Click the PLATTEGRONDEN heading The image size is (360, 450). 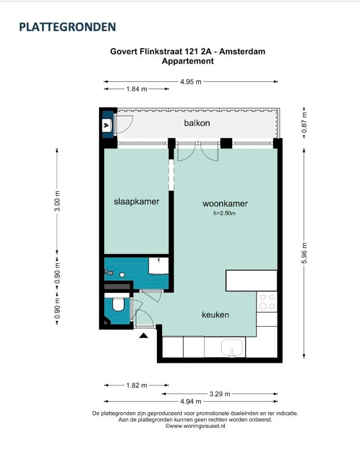pyautogui.click(x=67, y=27)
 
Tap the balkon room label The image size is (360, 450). pyautogui.click(x=197, y=123)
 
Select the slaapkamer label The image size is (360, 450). pyautogui.click(x=136, y=202)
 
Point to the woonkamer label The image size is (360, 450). pyautogui.click(x=225, y=203)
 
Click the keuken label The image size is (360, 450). pyautogui.click(x=215, y=315)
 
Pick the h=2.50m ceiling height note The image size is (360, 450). pyautogui.click(x=224, y=213)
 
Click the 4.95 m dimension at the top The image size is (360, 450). pyautogui.click(x=191, y=82)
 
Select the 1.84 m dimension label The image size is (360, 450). pyautogui.click(x=137, y=89)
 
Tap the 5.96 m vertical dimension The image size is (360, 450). pyautogui.click(x=305, y=253)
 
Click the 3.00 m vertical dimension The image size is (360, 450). pyautogui.click(x=57, y=201)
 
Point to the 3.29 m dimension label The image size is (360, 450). pyautogui.click(x=220, y=394)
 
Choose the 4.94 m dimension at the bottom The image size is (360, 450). pyautogui.click(x=191, y=401)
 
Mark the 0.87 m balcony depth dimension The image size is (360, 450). pyautogui.click(x=305, y=122)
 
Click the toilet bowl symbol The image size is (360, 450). pyautogui.click(x=118, y=304)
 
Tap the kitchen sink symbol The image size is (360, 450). pyautogui.click(x=232, y=348)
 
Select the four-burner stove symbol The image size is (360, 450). pyautogui.click(x=267, y=302)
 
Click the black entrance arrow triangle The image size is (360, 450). pyautogui.click(x=143, y=335)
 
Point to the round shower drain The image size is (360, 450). pyautogui.click(x=122, y=275)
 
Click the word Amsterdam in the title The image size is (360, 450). pyautogui.click(x=242, y=52)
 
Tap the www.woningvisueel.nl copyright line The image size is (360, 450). pyautogui.click(x=195, y=426)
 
